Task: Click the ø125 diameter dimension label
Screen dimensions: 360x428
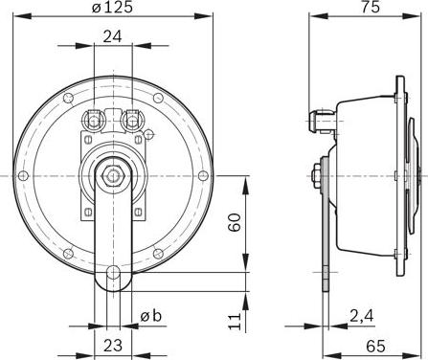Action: [113, 9]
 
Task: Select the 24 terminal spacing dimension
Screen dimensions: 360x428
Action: [112, 38]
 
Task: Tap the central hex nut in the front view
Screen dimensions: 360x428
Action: [113, 174]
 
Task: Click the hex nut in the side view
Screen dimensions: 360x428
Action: [316, 175]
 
